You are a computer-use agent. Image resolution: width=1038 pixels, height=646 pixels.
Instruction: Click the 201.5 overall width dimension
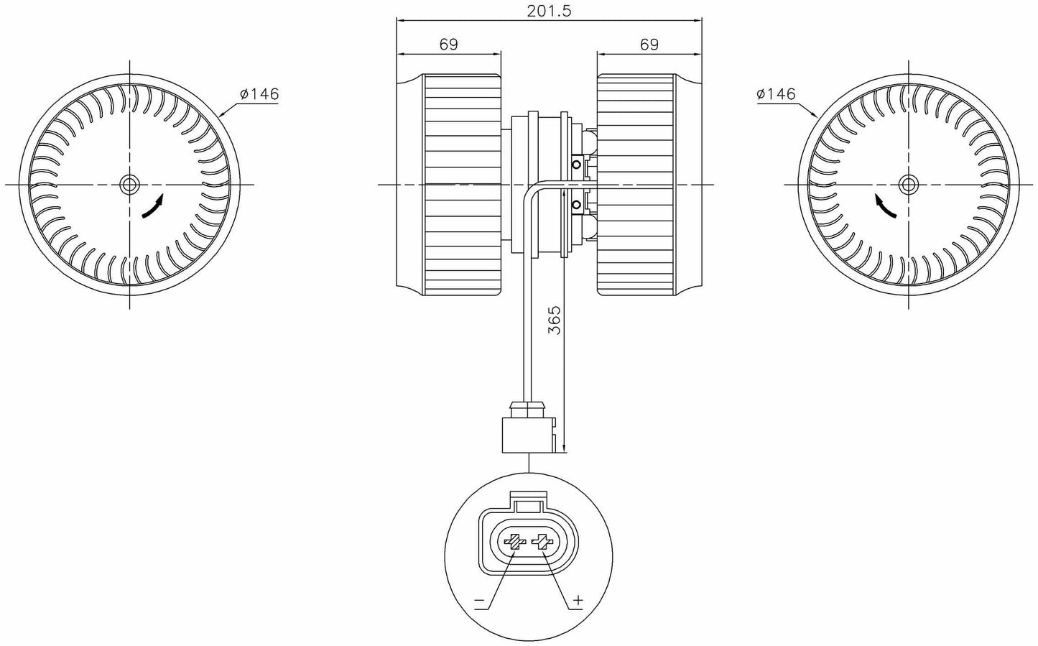pos(549,11)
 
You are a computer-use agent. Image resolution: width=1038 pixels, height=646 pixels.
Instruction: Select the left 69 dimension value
pos(448,44)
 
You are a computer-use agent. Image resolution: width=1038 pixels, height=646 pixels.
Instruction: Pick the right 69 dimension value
pos(649,44)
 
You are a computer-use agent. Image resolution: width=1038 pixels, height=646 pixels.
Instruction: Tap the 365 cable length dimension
pos(554,320)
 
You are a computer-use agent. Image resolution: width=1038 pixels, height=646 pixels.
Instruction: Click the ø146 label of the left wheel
pos(259,93)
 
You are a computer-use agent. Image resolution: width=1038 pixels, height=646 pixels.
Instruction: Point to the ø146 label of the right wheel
pos(776,93)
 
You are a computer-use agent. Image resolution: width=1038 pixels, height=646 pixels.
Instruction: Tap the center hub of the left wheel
pos(129,185)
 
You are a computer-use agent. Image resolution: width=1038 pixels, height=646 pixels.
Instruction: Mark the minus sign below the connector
pos(479,601)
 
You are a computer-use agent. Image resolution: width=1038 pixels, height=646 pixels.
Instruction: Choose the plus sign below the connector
pos(579,600)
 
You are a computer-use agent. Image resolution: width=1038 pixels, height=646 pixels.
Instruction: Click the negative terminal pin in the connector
pos(514,541)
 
